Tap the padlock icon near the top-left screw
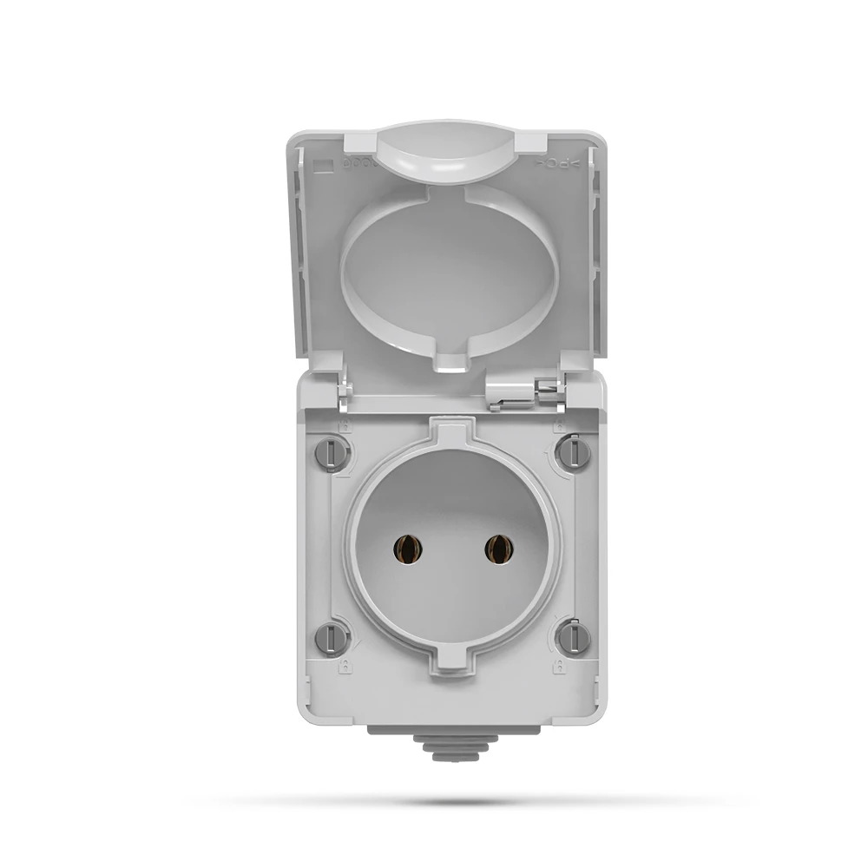coord(344,426)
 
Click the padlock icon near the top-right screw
coord(561,426)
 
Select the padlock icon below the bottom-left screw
coord(344,667)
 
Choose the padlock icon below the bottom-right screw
coord(561,667)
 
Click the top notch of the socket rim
coord(451,431)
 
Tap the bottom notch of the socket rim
coord(451,661)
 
